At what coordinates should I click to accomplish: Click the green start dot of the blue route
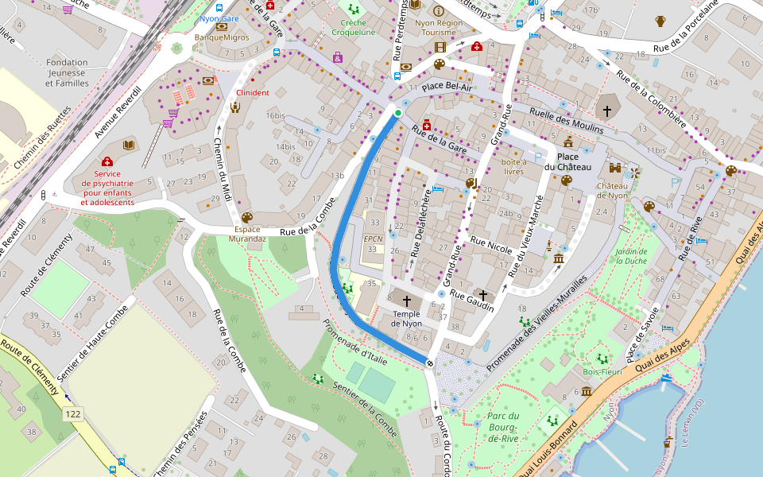[398, 113]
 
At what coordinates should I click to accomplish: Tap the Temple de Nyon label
[407, 319]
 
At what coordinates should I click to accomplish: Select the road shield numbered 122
[73, 414]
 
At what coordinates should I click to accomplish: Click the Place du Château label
[567, 161]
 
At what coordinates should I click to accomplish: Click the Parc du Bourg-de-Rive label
[503, 427]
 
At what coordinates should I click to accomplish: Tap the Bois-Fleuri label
[601, 371]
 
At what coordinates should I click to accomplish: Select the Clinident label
[253, 93]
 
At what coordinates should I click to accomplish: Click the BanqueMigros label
[222, 37]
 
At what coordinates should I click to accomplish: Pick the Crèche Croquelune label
[353, 28]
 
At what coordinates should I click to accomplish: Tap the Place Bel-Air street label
[447, 86]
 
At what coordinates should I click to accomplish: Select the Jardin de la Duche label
[631, 255]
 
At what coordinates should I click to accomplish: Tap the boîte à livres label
[513, 166]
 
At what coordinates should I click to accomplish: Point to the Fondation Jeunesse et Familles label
[67, 72]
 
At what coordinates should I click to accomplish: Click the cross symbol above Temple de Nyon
[407, 301]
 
